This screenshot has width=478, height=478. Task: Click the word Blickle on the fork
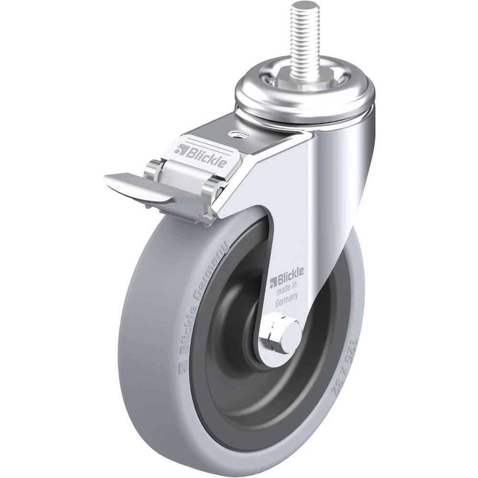tap(290, 274)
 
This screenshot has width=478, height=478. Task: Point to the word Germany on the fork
tap(286, 301)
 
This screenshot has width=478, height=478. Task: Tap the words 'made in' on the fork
tap(286, 289)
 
